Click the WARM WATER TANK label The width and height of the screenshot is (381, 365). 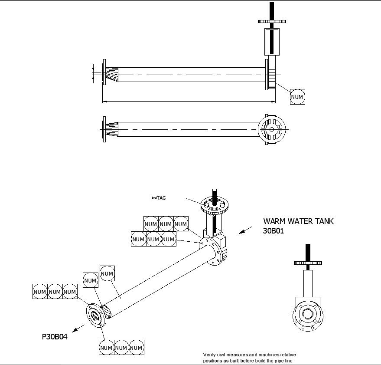pyautogui.click(x=298, y=221)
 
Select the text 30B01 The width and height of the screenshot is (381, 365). pyautogui.click(x=274, y=231)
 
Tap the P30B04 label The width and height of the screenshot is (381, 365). pyautogui.click(x=55, y=336)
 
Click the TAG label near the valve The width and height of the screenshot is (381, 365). pyautogui.click(x=159, y=198)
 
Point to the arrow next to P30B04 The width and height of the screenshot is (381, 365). pyautogui.click(x=78, y=329)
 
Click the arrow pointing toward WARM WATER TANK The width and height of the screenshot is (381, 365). pyautogui.click(x=245, y=230)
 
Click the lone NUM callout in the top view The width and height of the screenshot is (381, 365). pyautogui.click(x=297, y=97)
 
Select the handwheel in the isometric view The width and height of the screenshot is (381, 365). pyautogui.click(x=215, y=205)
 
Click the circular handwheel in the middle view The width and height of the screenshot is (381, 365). pyautogui.click(x=272, y=129)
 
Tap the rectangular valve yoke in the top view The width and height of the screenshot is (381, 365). pyautogui.click(x=272, y=42)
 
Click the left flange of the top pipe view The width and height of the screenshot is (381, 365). pyautogui.click(x=104, y=72)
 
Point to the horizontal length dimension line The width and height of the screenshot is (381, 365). pyautogui.click(x=189, y=101)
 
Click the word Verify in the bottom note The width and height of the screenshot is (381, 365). pyautogui.click(x=209, y=355)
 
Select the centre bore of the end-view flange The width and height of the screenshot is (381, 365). pyautogui.click(x=308, y=314)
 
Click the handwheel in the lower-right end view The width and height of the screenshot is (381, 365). pyautogui.click(x=308, y=263)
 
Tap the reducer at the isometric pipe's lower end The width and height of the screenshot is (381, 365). pyautogui.click(x=107, y=312)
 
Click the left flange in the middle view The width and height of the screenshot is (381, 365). pyautogui.click(x=104, y=129)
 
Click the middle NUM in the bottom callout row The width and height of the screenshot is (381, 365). pyautogui.click(x=121, y=348)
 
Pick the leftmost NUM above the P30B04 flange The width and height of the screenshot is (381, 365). pyautogui.click(x=40, y=292)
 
